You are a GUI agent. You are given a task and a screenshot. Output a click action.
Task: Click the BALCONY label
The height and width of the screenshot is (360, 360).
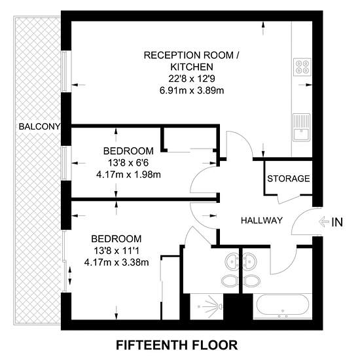point(39,126)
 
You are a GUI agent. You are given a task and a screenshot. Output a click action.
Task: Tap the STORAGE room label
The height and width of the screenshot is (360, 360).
point(289,179)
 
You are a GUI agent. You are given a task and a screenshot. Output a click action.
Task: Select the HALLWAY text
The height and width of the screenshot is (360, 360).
point(262,221)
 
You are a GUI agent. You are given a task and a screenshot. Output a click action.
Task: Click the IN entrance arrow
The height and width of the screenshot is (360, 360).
point(325,222)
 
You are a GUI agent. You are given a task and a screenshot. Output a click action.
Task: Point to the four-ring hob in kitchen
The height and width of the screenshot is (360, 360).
point(302,67)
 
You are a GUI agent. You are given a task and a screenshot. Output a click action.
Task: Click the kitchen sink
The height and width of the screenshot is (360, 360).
point(302,127)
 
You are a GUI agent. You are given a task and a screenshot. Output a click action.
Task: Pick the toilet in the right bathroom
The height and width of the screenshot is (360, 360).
point(251,281)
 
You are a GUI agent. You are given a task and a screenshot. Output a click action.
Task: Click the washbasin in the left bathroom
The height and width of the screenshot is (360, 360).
point(232,261)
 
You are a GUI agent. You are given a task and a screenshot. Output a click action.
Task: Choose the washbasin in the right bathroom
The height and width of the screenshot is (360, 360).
point(249,261)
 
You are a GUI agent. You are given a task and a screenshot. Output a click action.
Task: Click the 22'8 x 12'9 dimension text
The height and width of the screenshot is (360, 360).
point(192,79)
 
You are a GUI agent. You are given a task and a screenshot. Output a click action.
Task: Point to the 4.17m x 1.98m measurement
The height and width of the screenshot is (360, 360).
point(128,175)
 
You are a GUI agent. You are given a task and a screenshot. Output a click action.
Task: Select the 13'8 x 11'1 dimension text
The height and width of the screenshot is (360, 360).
point(117,251)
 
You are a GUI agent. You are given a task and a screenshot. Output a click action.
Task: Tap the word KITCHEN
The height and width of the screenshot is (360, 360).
point(192,67)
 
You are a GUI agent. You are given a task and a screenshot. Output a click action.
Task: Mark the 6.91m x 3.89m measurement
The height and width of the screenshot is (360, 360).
point(192,90)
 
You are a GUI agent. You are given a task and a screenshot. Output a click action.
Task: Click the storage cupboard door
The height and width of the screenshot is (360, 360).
point(289,200)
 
